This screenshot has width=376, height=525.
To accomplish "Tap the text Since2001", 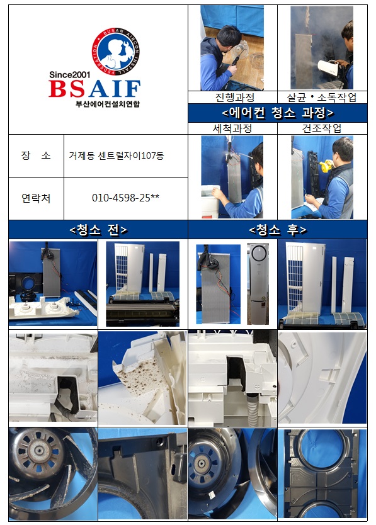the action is [x=69, y=74].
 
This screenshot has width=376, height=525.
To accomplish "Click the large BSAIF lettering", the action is [x=94, y=89].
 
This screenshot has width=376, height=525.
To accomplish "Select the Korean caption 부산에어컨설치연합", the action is [x=107, y=104].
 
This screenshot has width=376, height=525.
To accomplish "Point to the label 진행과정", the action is [x=234, y=98].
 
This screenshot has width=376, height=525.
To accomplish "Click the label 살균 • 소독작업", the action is [x=321, y=98].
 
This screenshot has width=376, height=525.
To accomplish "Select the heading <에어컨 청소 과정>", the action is [x=278, y=113].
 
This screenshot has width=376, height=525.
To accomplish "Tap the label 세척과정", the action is [x=232, y=128].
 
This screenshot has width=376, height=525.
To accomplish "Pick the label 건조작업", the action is [x=322, y=128].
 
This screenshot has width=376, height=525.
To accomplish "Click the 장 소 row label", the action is [x=36, y=155].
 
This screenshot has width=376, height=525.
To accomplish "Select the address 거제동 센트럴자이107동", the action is [x=117, y=155].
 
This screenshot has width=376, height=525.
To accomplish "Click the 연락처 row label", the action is [x=36, y=198].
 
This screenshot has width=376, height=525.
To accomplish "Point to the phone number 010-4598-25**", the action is [x=126, y=198].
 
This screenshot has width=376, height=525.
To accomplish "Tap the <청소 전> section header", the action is [x=98, y=230].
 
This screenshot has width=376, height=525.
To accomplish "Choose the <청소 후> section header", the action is [x=278, y=230].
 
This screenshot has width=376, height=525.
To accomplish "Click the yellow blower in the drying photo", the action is [x=326, y=166].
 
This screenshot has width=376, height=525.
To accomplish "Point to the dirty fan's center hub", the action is [x=39, y=451].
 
